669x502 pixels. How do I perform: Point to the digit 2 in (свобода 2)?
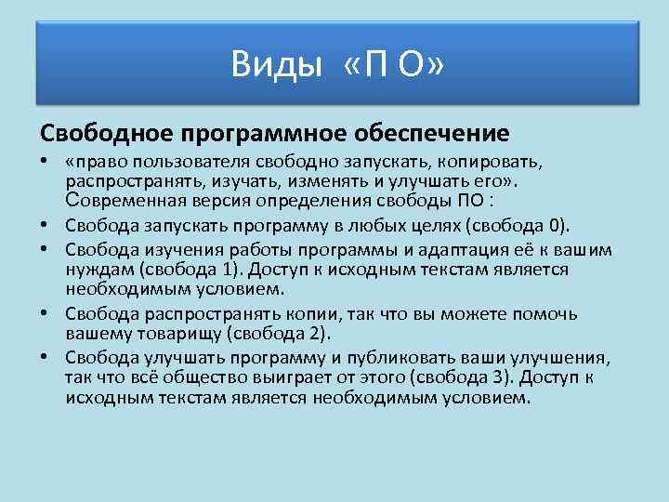[316, 333]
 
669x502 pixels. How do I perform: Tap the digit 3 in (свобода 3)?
[503, 377]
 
